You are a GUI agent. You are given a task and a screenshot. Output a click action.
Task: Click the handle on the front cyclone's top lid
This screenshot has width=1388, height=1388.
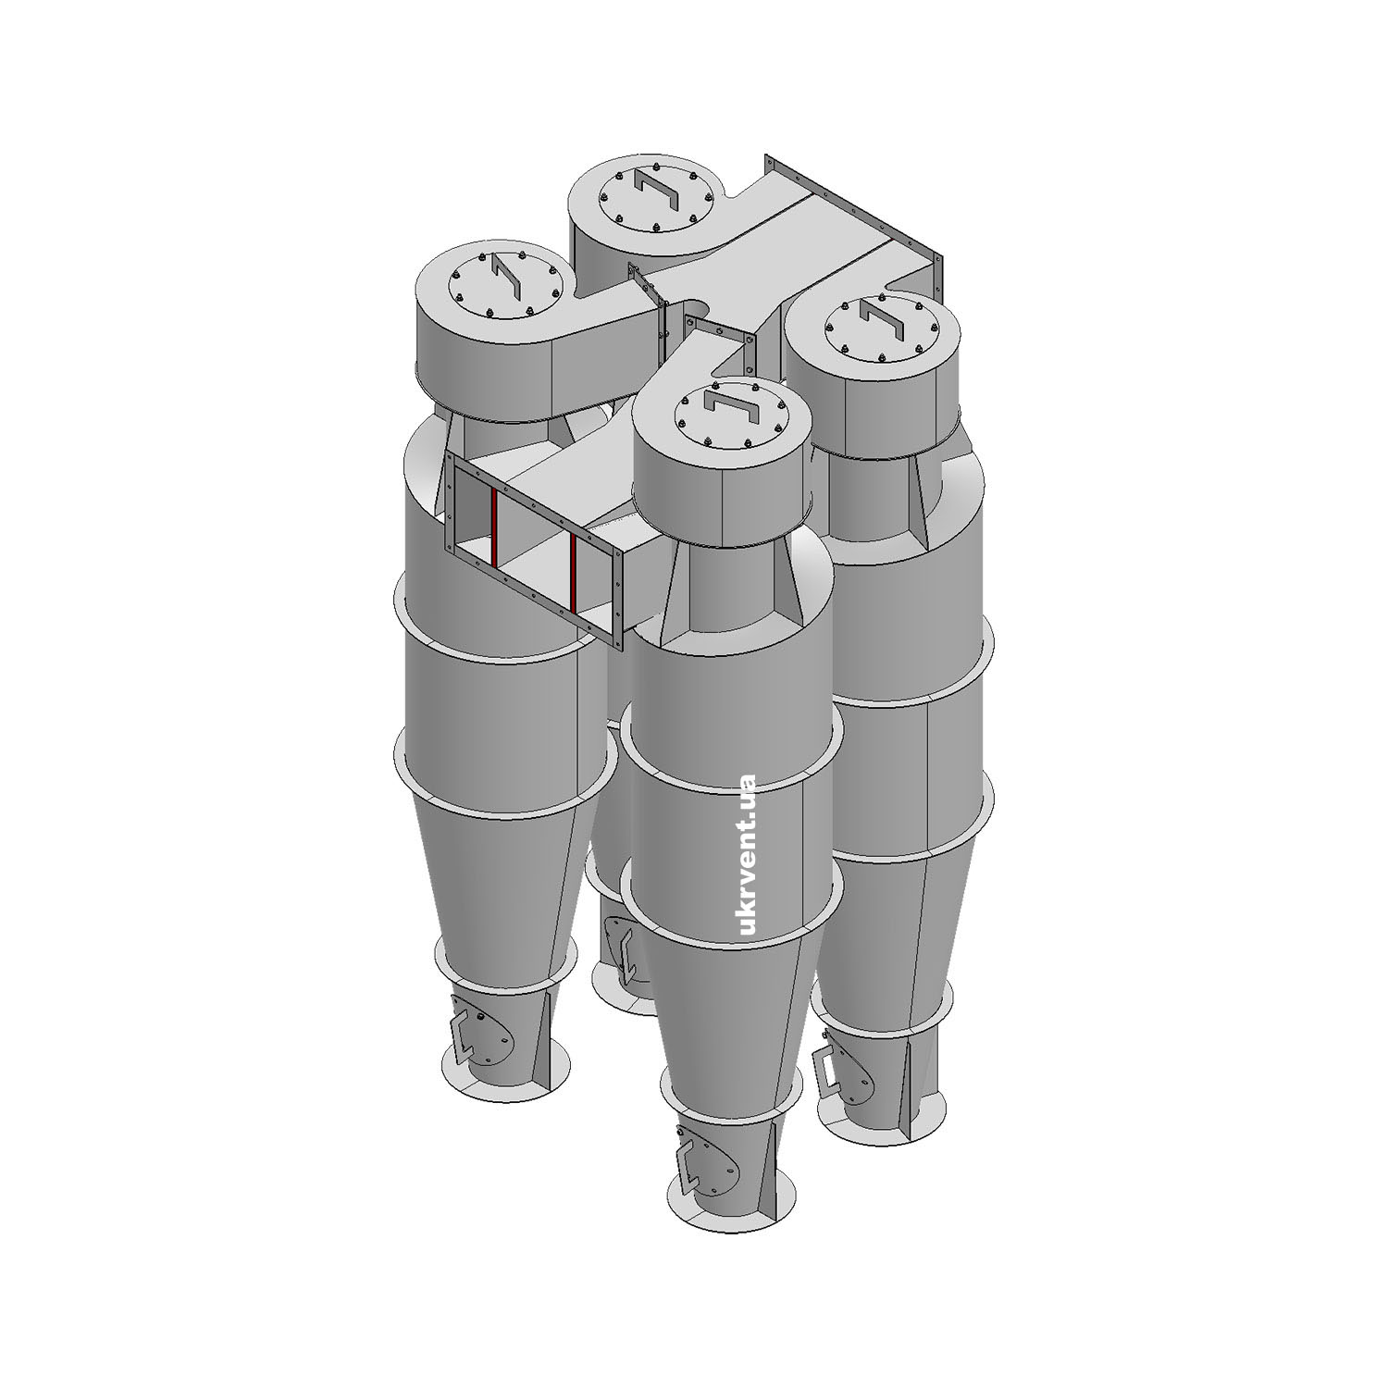[730, 406]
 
